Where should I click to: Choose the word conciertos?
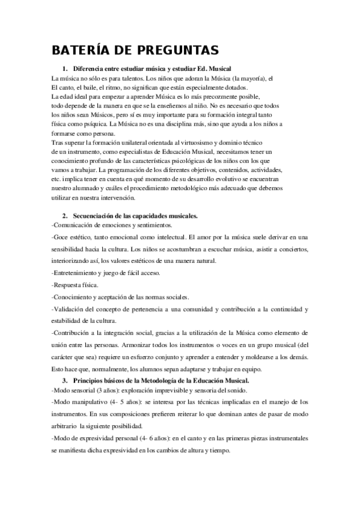tap(290, 248)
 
